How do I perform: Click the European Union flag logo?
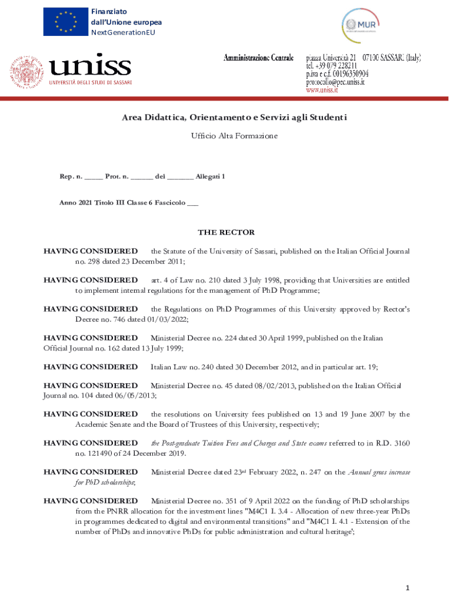(65, 22)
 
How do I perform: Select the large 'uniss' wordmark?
(90, 66)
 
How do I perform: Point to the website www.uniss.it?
(322, 91)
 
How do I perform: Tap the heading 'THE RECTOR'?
(226, 232)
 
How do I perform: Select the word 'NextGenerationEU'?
(123, 32)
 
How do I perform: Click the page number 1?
(407, 588)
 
